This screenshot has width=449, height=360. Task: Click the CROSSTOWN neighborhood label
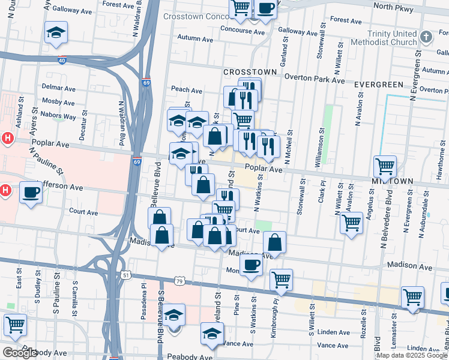250,72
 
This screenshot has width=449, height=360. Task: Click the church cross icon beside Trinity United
426,37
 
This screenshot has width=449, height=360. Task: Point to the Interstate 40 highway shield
62,60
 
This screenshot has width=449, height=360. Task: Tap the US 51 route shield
125,275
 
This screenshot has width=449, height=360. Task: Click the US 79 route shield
179,280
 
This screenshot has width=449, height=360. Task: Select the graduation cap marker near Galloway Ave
56,32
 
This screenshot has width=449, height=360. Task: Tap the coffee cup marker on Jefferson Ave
31,193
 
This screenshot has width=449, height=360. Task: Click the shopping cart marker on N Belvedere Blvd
385,166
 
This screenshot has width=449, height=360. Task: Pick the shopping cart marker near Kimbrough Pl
280,279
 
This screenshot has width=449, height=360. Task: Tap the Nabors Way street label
59,116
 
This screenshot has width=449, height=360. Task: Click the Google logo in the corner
20,353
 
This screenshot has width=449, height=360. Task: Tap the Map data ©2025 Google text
412,355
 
